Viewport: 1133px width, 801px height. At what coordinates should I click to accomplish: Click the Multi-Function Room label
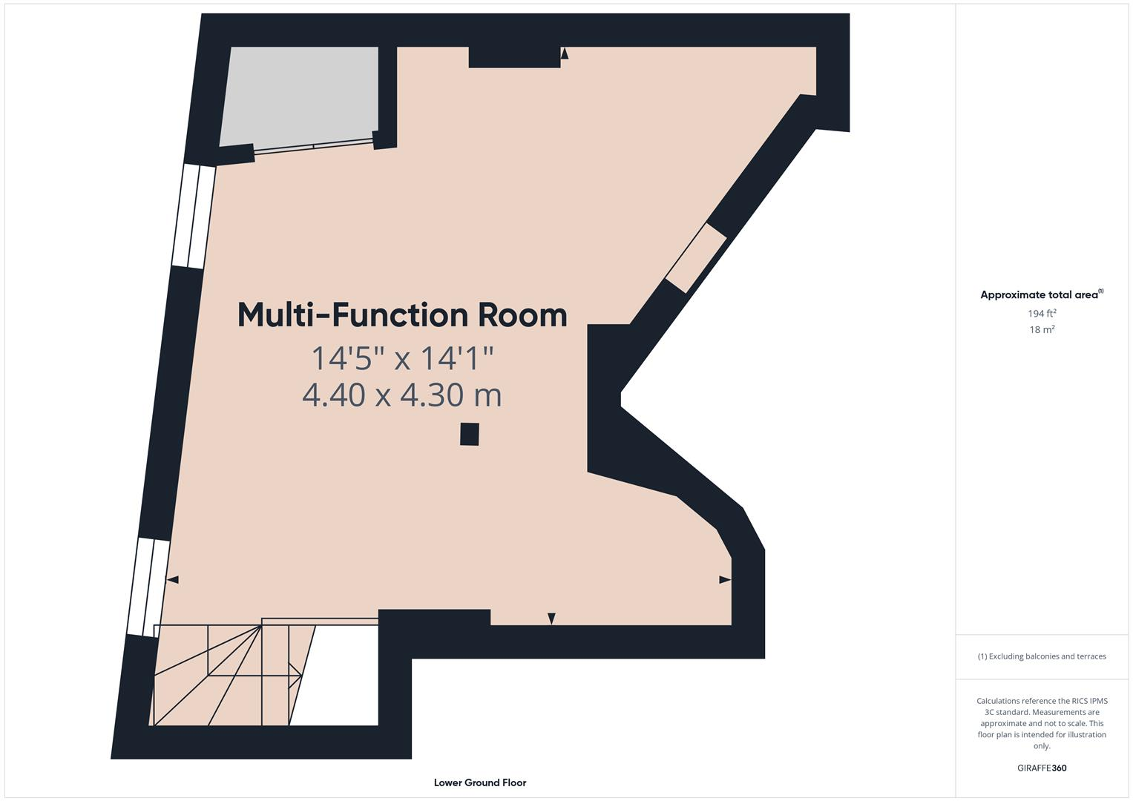(x=402, y=315)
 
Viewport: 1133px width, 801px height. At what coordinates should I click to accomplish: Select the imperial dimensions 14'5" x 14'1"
(x=402, y=358)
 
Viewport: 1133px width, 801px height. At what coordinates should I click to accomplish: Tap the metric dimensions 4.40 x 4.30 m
(x=402, y=395)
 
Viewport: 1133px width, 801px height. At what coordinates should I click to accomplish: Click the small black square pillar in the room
(x=469, y=434)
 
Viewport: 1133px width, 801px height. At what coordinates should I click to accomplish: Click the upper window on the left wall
(x=194, y=216)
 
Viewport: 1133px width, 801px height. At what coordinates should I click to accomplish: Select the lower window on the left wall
(x=148, y=587)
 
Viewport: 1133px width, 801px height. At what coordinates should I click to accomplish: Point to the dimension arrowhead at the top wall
(x=565, y=53)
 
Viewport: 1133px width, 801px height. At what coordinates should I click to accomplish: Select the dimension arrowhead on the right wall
(x=725, y=579)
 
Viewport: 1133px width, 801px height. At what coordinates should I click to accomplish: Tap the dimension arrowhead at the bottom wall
(x=551, y=619)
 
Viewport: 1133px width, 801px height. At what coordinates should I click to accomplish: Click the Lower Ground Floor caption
(x=480, y=782)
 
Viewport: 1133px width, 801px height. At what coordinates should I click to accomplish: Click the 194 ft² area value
(x=1042, y=314)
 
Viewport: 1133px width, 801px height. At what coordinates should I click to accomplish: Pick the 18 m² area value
(x=1042, y=330)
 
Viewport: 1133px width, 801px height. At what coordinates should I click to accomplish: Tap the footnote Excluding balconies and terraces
(x=1042, y=656)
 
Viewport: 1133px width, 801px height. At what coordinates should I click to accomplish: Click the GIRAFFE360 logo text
(x=1042, y=768)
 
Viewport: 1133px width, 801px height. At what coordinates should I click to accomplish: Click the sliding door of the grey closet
(x=313, y=146)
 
